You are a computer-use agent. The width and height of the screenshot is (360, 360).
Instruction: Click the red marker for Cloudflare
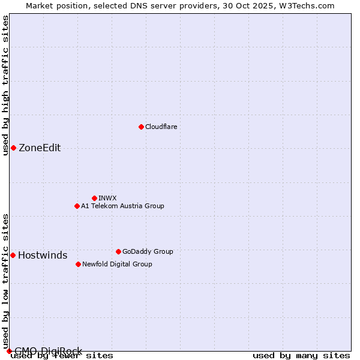(x=141, y=127)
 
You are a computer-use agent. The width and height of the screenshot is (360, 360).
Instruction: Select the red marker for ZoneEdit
(x=13, y=148)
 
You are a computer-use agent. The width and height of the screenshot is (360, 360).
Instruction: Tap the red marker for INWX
(x=94, y=198)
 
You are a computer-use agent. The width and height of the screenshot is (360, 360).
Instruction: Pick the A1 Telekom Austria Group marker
(x=77, y=206)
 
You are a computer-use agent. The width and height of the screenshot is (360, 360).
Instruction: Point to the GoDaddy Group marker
(x=118, y=251)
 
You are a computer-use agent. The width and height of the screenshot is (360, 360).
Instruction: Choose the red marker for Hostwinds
(x=13, y=255)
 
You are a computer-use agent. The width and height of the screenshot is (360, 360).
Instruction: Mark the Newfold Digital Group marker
(x=78, y=264)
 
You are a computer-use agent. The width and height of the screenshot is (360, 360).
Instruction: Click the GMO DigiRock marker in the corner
(x=9, y=351)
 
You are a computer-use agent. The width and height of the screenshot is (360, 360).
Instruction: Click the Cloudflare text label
(x=161, y=127)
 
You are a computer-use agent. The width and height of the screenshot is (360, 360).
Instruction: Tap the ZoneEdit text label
(x=40, y=148)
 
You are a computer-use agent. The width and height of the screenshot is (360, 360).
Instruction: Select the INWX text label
(x=107, y=198)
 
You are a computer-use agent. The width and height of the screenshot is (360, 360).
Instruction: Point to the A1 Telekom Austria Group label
(x=122, y=206)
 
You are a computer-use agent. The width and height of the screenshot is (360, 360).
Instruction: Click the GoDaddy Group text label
(x=148, y=251)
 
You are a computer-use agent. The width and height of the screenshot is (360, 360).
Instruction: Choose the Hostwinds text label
(x=43, y=255)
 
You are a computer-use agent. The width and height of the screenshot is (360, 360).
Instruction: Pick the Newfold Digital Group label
(x=117, y=264)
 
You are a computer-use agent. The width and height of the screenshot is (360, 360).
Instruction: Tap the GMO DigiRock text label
(x=48, y=351)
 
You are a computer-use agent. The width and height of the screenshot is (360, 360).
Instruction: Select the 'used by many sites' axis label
(x=301, y=356)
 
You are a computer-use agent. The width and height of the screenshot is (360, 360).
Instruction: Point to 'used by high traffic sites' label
(x=5, y=85)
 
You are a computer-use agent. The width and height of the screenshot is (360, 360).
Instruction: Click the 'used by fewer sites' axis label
(x=62, y=356)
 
